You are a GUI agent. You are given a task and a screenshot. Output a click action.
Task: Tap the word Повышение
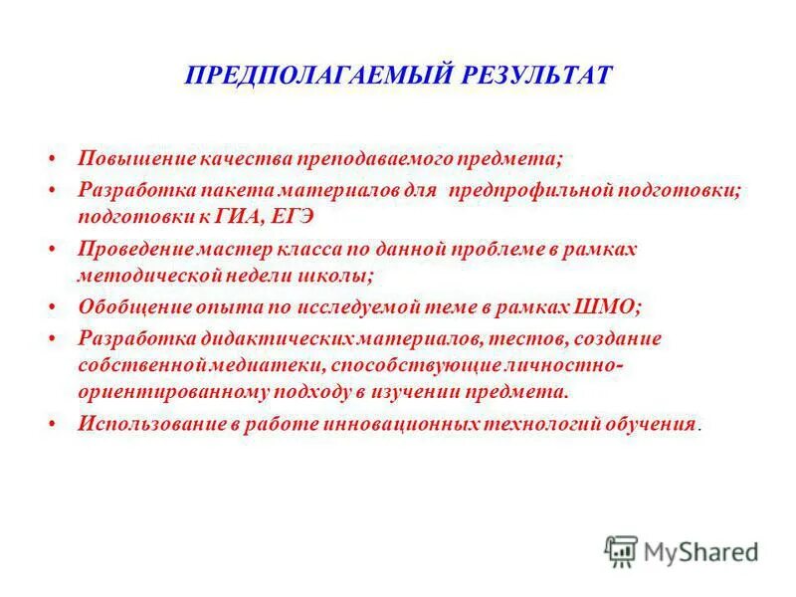click(126, 159)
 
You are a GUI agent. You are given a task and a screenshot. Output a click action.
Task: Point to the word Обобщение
click(126, 308)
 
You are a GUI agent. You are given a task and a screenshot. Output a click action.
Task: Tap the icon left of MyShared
click(621, 549)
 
